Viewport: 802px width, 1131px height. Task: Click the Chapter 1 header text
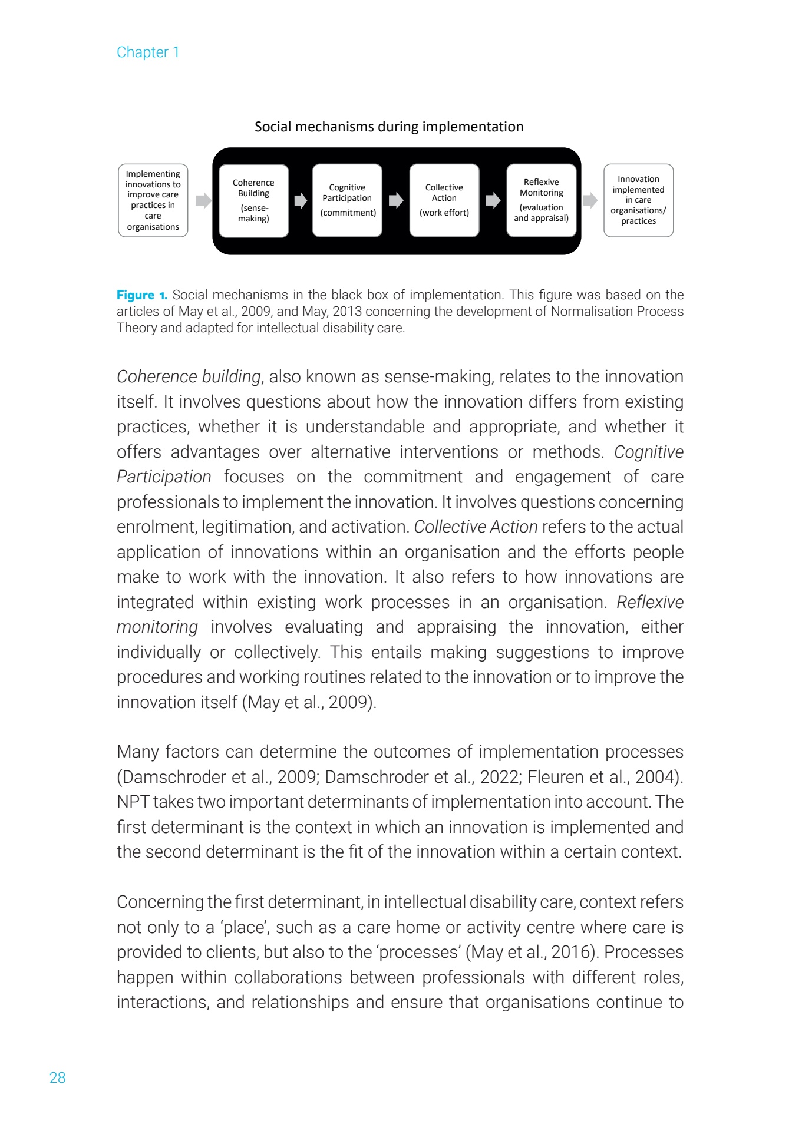pos(148,52)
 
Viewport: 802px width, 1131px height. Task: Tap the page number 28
pos(57,1077)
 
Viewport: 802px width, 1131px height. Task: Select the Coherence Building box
pos(253,200)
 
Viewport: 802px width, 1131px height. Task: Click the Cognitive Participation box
pos(347,200)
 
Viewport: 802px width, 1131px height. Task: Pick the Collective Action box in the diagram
pos(444,200)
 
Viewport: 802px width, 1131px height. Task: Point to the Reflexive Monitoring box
pos(541,200)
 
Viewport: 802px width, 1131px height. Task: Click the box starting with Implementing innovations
pos(153,200)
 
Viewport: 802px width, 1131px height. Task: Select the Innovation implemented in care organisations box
pos(638,200)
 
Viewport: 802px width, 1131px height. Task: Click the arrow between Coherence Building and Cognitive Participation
pos(301,200)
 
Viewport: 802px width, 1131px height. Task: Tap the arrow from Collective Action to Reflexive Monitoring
pos(493,200)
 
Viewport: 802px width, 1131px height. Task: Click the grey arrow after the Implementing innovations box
pos(203,200)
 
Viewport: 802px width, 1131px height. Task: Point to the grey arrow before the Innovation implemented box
pos(590,200)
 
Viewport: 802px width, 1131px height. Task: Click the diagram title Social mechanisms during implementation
pos(389,127)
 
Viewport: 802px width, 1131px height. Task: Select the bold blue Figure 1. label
pos(142,295)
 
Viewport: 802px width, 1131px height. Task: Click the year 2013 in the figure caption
pos(348,312)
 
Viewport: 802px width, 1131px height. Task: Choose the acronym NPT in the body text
pos(133,802)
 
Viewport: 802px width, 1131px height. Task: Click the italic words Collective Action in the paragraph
pos(476,527)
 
